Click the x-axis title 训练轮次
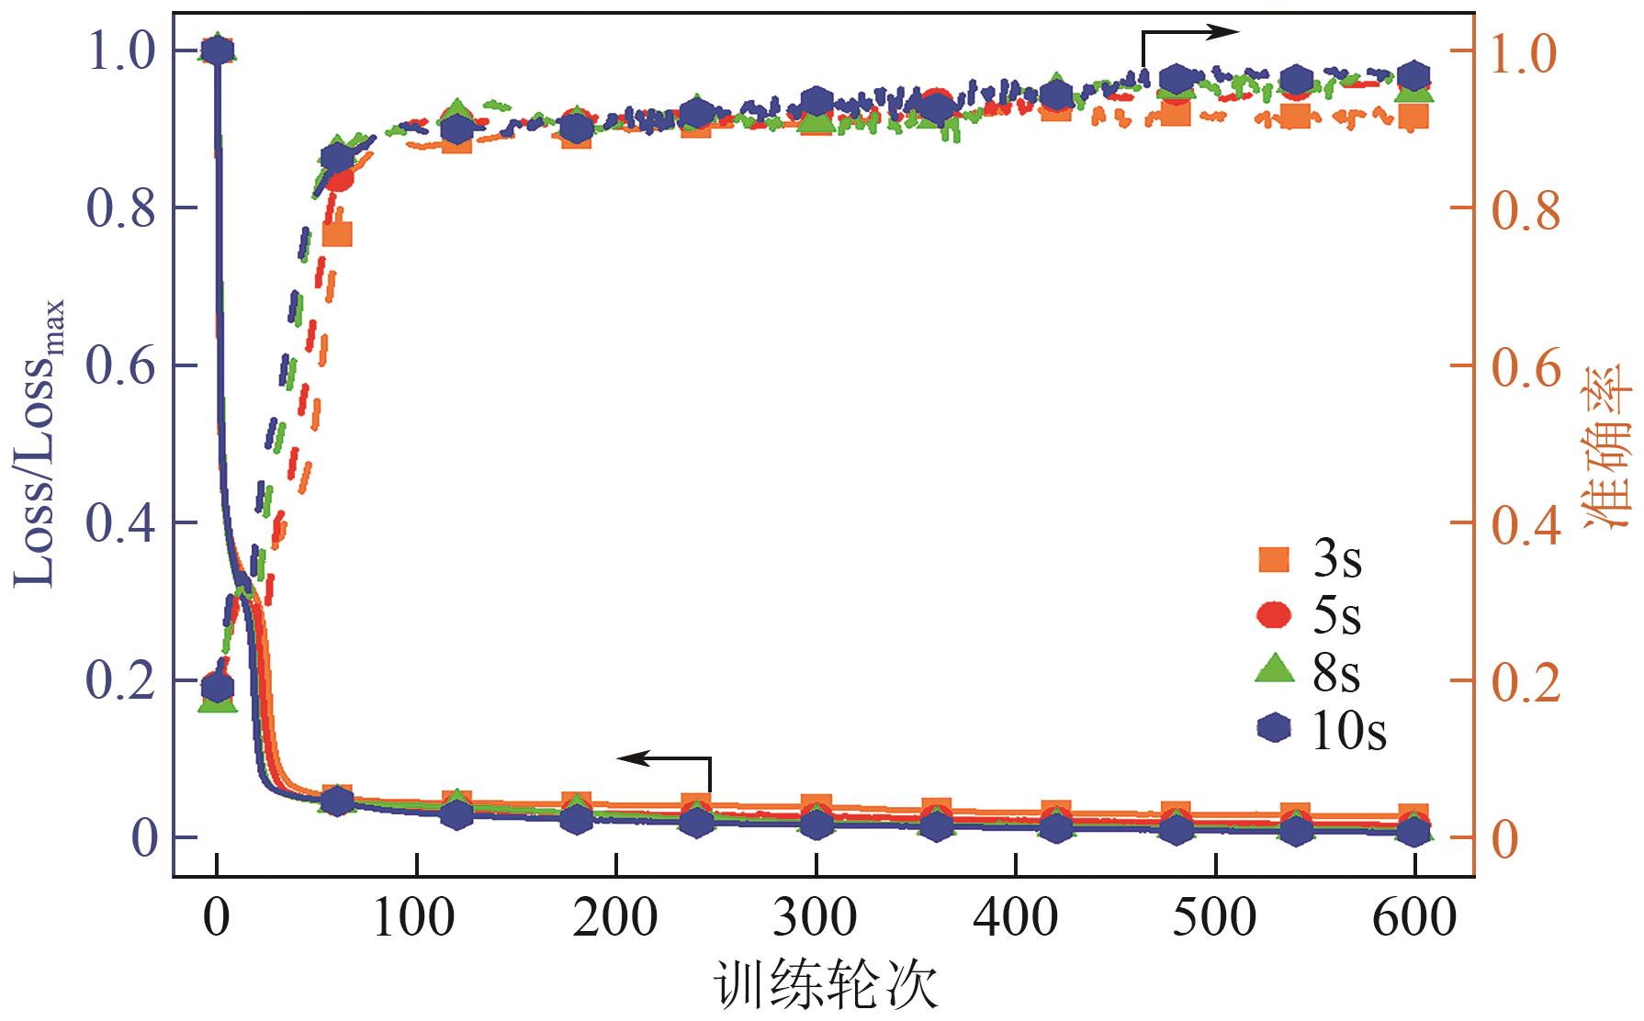click(x=825, y=987)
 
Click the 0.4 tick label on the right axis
click(x=1526, y=524)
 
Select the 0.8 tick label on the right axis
click(x=1526, y=209)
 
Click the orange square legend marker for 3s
click(x=1273, y=559)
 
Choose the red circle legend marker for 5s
click(x=1273, y=615)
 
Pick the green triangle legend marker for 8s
click(x=1273, y=671)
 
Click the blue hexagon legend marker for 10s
click(x=1273, y=728)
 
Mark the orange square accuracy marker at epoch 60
click(x=338, y=233)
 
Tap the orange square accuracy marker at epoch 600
click(x=1413, y=117)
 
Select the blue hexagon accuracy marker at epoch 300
click(x=816, y=102)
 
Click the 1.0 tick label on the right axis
click(x=1526, y=53)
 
